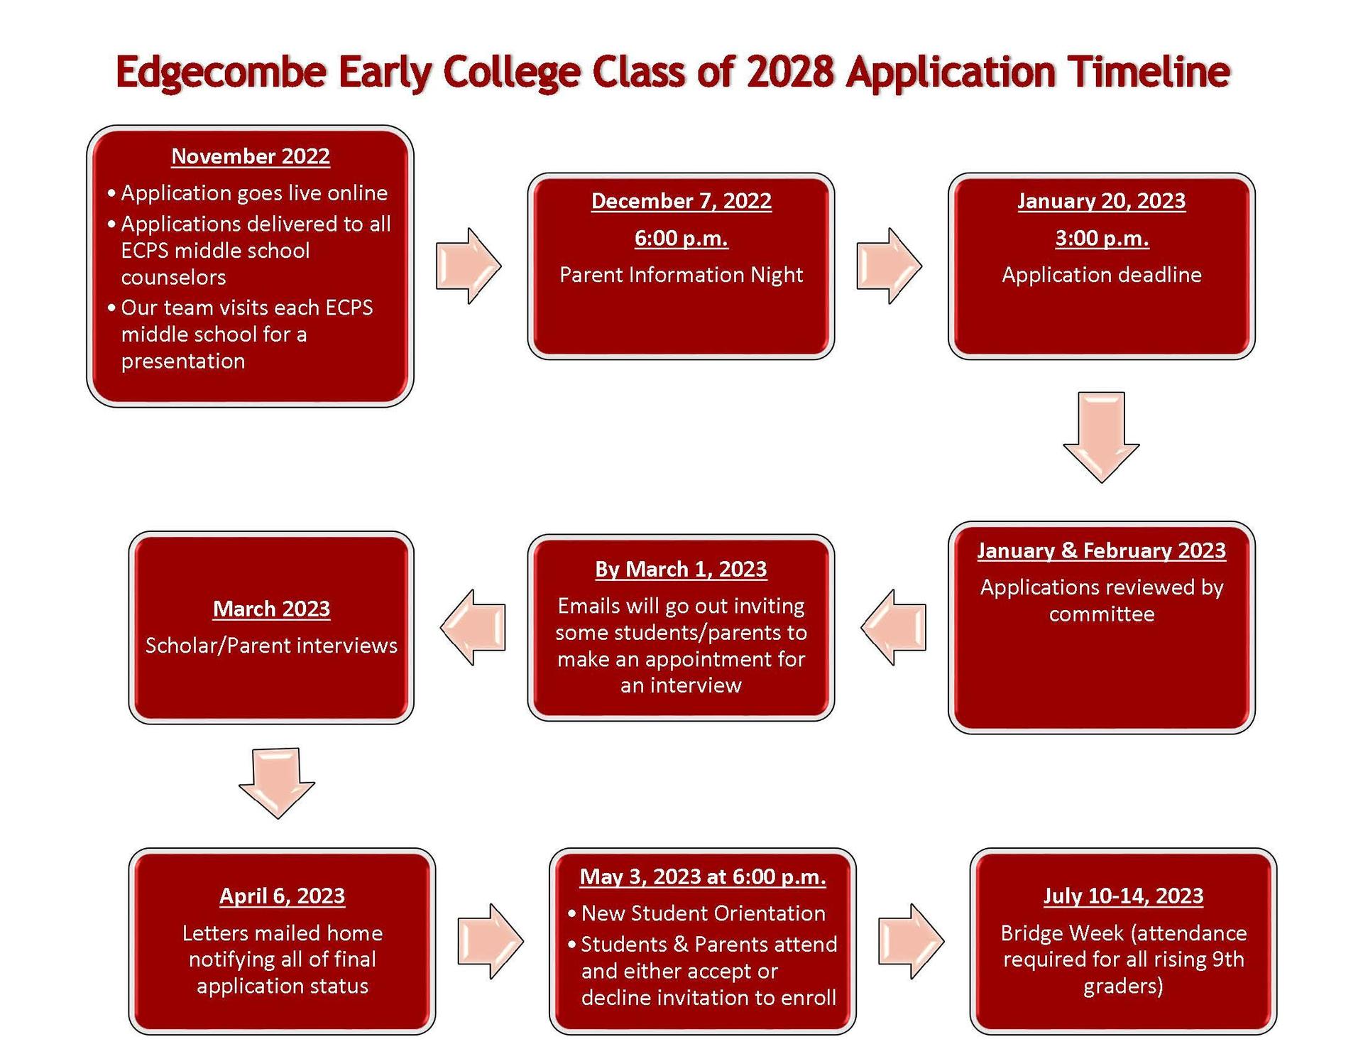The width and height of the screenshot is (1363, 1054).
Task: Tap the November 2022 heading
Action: pyautogui.click(x=251, y=156)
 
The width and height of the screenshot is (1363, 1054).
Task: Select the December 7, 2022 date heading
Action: pyautogui.click(x=681, y=201)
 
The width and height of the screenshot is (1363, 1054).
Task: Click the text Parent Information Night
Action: pyautogui.click(x=681, y=275)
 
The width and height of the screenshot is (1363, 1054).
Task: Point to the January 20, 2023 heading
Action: pyautogui.click(x=1102, y=201)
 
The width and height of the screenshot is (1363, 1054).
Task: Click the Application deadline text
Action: pyautogui.click(x=1102, y=275)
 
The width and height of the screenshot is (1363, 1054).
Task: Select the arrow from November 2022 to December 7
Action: pyautogui.click(x=469, y=266)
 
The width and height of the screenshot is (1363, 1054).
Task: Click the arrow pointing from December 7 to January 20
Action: pyautogui.click(x=889, y=266)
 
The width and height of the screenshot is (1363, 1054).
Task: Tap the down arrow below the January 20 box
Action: pyautogui.click(x=1101, y=438)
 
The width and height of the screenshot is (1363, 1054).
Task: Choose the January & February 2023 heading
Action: pyautogui.click(x=1102, y=550)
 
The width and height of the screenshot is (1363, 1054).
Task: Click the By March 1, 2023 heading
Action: pyautogui.click(x=681, y=570)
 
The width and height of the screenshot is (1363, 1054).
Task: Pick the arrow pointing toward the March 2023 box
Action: pyautogui.click(x=473, y=627)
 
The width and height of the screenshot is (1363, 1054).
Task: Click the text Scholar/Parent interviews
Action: pyautogui.click(x=271, y=646)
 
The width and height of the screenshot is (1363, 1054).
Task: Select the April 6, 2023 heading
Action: pyautogui.click(x=283, y=896)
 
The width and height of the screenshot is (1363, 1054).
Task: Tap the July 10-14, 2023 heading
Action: pyautogui.click(x=1124, y=896)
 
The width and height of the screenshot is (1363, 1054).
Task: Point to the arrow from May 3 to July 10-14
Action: pyautogui.click(x=912, y=942)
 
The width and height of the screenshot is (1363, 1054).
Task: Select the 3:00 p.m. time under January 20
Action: pyautogui.click(x=1102, y=238)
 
